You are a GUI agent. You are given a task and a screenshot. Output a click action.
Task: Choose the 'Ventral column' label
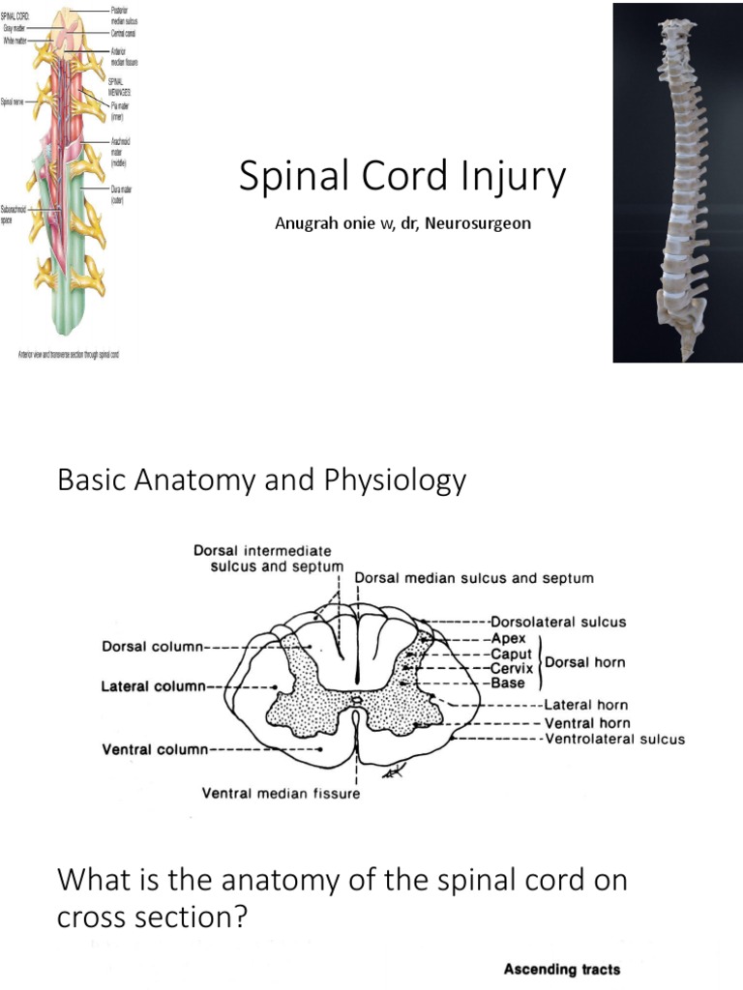point(154,747)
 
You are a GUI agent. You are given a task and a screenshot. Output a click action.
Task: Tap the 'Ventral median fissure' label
point(281,794)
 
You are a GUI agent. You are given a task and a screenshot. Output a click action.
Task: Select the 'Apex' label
point(508,639)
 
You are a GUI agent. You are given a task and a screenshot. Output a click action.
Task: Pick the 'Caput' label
point(512,655)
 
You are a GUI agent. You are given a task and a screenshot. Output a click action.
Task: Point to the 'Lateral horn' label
point(586,705)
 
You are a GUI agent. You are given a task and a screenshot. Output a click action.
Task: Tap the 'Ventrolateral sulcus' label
point(614,739)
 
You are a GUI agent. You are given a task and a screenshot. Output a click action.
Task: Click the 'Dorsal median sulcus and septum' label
point(474,578)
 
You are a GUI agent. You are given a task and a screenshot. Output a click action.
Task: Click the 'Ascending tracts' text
point(562,970)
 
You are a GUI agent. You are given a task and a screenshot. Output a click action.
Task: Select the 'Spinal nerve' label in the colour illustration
point(15,101)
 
